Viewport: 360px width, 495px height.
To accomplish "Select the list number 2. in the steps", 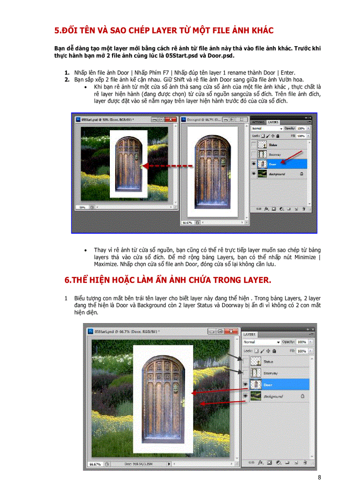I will click(67, 80).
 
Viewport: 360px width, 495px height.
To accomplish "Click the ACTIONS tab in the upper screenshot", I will click(258, 122).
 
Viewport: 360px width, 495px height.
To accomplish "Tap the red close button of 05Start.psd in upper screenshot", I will click(172, 119).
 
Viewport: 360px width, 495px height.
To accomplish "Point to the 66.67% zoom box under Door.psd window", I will click(188, 223).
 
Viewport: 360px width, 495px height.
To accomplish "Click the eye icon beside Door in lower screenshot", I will click(245, 384).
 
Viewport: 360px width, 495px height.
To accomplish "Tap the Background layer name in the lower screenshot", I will click(273, 397).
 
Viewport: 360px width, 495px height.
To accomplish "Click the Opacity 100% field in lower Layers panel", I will click(302, 342).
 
